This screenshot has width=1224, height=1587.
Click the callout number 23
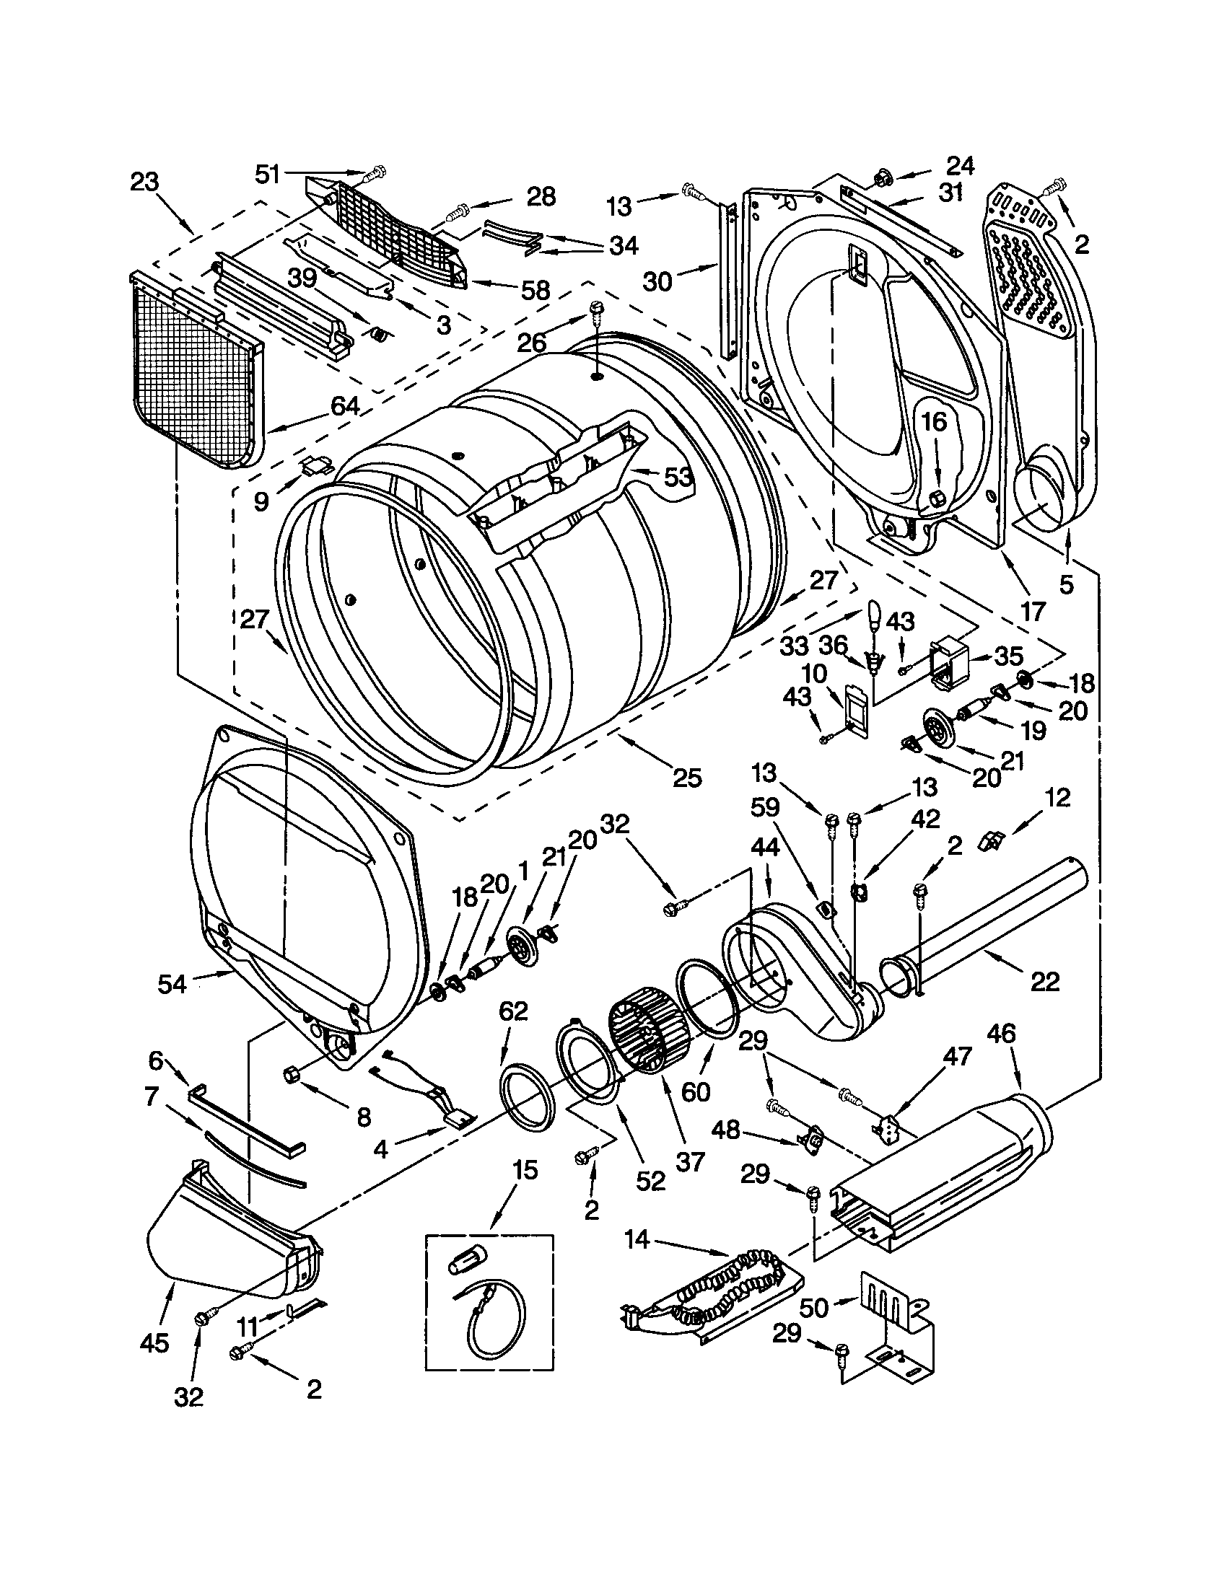(144, 181)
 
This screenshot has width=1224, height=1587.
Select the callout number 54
(172, 984)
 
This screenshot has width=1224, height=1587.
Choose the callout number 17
(1032, 610)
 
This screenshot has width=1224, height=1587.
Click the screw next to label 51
(376, 173)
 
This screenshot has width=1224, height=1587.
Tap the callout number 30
(657, 281)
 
